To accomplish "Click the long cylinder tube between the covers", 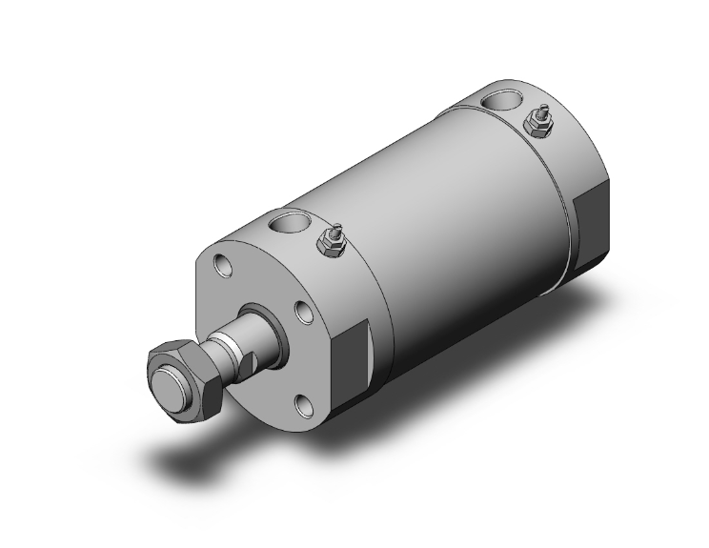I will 457,210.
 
